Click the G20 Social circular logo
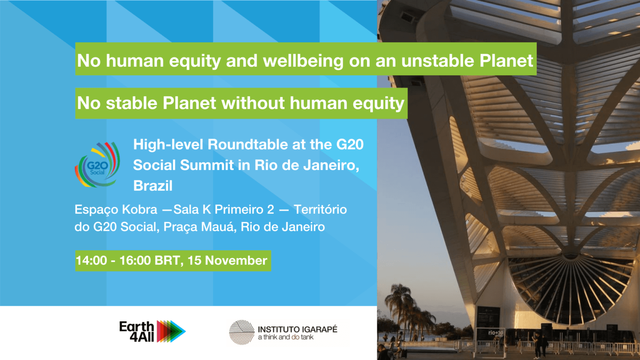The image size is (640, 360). [x=97, y=165]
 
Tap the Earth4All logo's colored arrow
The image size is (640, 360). [x=171, y=331]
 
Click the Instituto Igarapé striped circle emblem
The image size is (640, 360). [x=242, y=332]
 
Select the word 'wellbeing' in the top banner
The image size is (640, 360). [x=303, y=61]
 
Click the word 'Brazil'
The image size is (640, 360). [x=153, y=186]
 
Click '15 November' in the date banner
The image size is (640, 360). [x=227, y=260]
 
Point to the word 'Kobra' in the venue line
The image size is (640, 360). [x=140, y=210]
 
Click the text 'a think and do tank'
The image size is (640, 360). [x=286, y=337]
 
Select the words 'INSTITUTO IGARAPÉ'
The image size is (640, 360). [x=297, y=330]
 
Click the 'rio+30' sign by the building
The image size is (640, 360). [x=496, y=333]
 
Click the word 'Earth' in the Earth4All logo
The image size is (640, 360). [x=137, y=327]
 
